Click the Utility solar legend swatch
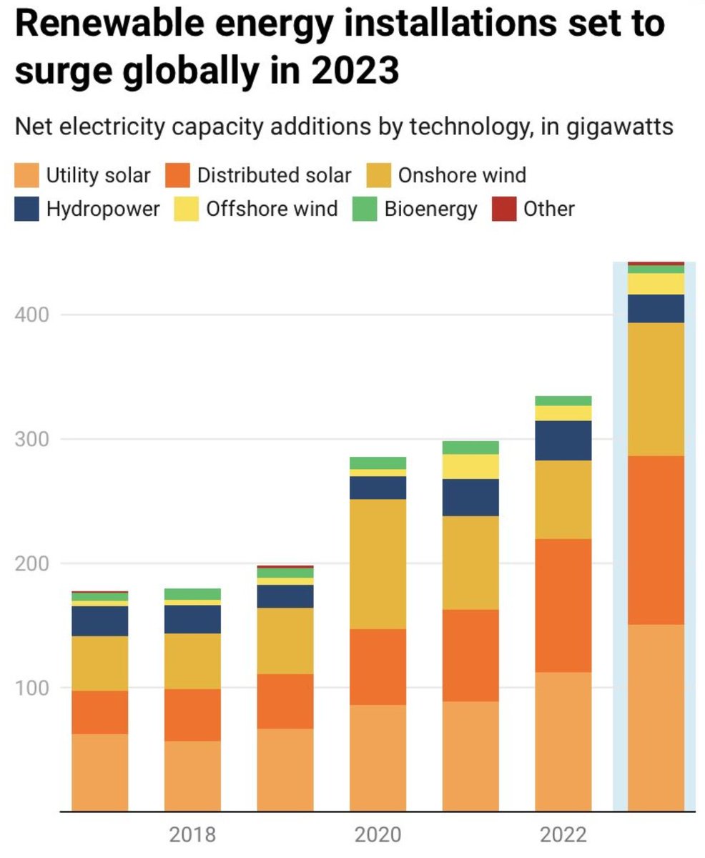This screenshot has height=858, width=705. pos(26,174)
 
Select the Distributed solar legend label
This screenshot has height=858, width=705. pos(274,174)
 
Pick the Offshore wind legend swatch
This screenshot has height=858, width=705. pos(187,209)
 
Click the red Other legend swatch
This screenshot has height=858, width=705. pos(503,209)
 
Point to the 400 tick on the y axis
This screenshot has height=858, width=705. pos(33,315)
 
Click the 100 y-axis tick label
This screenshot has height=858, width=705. pos(33,688)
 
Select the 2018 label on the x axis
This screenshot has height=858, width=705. pos(192,834)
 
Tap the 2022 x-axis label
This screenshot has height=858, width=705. pos(563,834)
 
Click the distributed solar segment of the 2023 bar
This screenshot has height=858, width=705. pos(656,540)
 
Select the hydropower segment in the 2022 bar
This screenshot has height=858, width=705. pos(563,440)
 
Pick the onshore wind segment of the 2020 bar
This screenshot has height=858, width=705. pos(378,563)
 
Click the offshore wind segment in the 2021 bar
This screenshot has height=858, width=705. pos(470,466)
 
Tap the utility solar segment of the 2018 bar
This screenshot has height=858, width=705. pos(192,776)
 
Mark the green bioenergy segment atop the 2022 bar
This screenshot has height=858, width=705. pos(563,400)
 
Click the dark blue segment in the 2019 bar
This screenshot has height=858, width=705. pos(285,596)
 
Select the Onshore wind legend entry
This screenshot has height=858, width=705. pos(462,174)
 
